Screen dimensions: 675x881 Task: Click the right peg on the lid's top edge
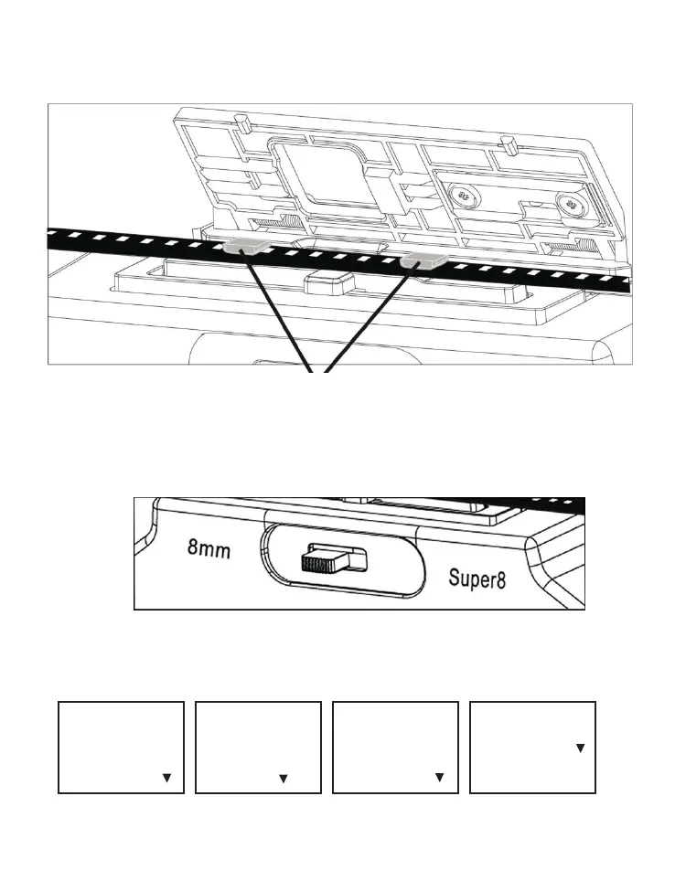(x=505, y=145)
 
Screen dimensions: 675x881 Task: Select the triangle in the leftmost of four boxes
(x=166, y=778)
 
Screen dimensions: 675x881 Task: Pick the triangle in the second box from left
(x=283, y=778)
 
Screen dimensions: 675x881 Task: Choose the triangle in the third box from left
(x=439, y=778)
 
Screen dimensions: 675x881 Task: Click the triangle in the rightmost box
(x=579, y=748)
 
